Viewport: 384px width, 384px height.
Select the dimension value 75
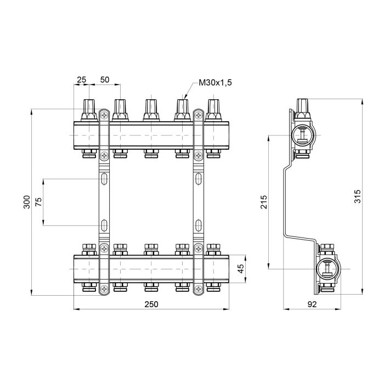(x=38, y=201)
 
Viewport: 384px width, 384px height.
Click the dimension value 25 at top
(x=81, y=80)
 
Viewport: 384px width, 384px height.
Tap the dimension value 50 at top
(x=104, y=80)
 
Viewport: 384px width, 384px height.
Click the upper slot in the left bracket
(x=104, y=179)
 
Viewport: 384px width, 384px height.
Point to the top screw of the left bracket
(x=104, y=116)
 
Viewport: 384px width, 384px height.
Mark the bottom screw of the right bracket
(x=198, y=288)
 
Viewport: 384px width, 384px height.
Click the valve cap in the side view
(x=303, y=106)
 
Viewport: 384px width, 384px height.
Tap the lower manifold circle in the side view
(x=327, y=269)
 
